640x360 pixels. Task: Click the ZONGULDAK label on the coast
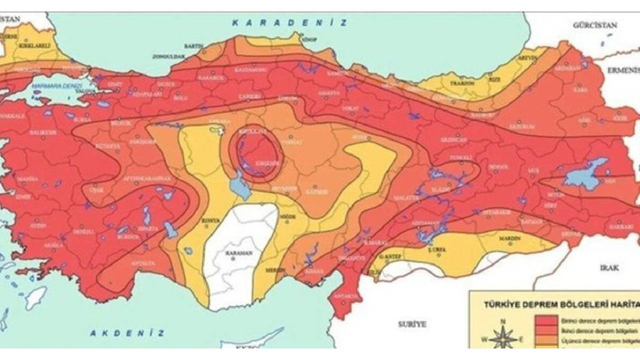pos(168,57)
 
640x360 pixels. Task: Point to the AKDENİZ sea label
pos(127,333)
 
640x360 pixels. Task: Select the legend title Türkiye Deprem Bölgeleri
pos(554,305)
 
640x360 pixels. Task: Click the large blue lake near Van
pos(586,173)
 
